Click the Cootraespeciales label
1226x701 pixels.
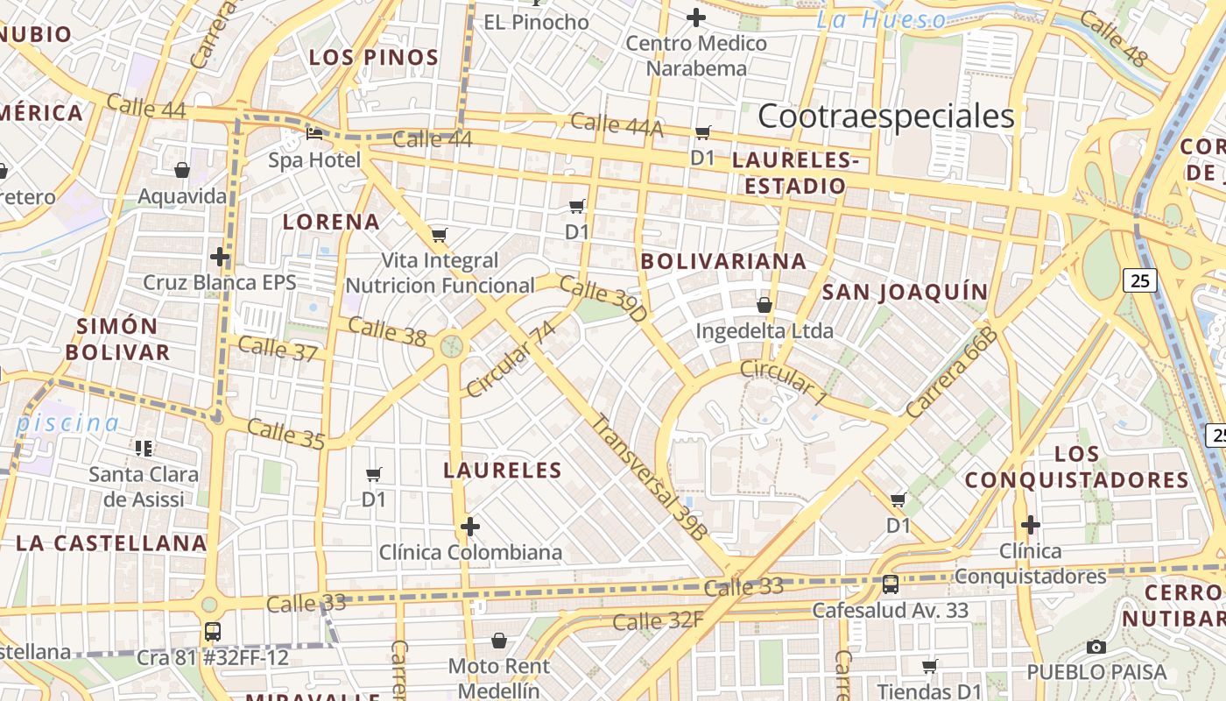[885, 116]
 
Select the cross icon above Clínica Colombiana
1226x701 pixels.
[470, 527]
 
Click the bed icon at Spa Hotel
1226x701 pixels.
[314, 134]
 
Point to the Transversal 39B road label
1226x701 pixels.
[649, 476]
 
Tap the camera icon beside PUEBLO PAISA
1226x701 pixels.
[1096, 648]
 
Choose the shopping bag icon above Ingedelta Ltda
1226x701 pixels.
[764, 305]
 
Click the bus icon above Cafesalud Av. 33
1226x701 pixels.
[891, 584]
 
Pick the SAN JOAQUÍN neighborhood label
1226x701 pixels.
[905, 292]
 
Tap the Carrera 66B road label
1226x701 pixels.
[952, 372]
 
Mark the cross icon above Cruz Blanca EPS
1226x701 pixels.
[220, 257]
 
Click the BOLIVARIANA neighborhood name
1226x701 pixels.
[723, 261]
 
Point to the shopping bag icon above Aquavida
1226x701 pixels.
[182, 170]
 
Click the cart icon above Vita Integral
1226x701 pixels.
[440, 235]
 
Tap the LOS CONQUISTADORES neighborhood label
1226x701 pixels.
[1077, 467]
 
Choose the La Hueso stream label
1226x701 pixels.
[881, 20]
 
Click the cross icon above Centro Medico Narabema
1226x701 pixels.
[696, 17]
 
